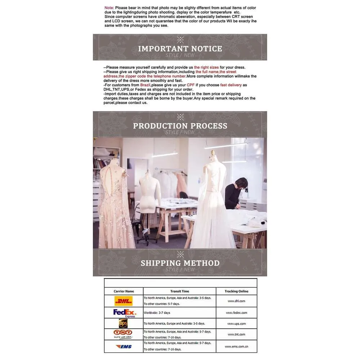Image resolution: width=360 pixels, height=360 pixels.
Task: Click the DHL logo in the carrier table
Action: (123, 301)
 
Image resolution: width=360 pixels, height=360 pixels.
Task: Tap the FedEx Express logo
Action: (125, 313)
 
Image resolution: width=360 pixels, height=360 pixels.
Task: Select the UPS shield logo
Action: (123, 323)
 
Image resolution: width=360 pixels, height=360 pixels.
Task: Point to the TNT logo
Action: (123, 334)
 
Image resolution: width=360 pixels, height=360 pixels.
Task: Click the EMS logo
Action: (124, 346)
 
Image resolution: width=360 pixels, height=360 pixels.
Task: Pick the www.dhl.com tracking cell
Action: (236, 301)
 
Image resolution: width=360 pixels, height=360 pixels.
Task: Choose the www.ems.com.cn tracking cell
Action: (236, 346)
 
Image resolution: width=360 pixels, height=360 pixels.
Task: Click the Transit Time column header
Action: (180, 291)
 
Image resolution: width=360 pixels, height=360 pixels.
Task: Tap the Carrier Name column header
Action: (124, 291)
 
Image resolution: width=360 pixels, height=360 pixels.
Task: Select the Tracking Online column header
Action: (237, 291)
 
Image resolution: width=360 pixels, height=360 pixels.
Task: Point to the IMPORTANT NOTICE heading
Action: (180, 49)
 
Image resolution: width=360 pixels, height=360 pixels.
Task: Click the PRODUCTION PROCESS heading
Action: (180, 126)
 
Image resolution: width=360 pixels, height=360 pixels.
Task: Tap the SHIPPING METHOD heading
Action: (180, 263)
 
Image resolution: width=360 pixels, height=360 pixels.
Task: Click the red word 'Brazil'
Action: (145, 85)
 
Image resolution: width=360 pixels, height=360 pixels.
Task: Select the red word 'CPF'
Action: (190, 85)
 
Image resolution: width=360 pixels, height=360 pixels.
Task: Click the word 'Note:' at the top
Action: (109, 8)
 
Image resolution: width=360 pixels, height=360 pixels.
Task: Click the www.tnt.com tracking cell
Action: (236, 334)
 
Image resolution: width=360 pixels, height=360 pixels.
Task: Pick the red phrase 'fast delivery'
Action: (231, 85)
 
